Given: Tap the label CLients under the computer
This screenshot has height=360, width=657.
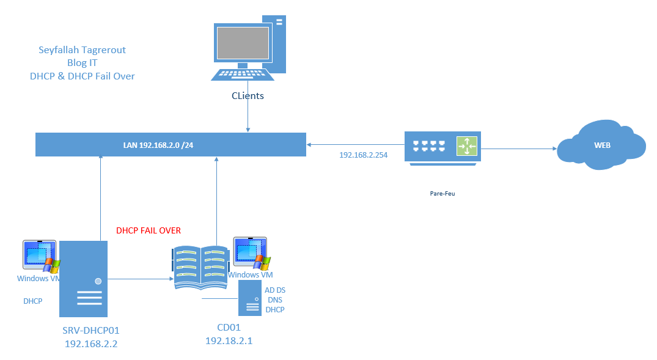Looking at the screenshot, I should [248, 96].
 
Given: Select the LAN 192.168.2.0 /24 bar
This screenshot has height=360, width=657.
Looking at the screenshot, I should [171, 144].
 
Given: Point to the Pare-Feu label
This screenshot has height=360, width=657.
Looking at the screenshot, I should [442, 193].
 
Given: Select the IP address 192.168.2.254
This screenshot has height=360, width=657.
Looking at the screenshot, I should [363, 155].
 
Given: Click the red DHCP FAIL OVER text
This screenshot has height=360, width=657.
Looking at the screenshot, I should [149, 230].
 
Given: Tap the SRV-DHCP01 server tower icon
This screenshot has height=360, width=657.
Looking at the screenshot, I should [83, 279].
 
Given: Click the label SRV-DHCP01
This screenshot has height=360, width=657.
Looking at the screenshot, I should [90, 330].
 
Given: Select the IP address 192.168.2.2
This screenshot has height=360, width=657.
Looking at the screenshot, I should [90, 343].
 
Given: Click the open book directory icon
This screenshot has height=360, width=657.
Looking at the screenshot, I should [200, 267].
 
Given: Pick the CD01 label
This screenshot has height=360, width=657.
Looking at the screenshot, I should [229, 328].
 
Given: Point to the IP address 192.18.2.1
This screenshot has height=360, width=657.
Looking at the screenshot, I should [229, 341].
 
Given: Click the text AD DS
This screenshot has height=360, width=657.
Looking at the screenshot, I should [274, 290].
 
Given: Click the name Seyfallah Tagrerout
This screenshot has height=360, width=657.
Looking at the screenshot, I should [82, 50].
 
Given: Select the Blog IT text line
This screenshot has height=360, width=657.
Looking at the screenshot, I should [82, 62].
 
